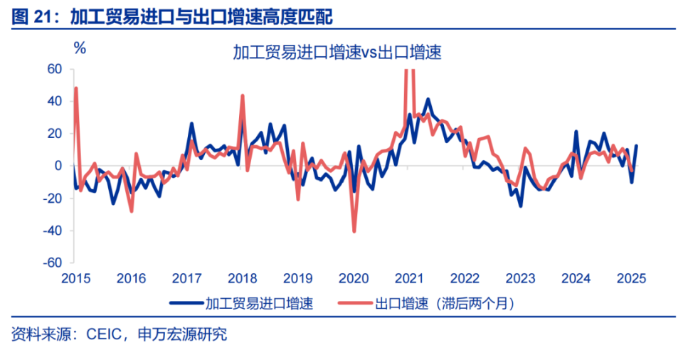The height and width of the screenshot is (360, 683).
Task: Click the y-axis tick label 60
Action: click(x=55, y=69)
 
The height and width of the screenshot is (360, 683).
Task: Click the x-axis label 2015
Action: click(x=75, y=278)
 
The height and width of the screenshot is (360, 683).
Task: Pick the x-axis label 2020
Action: click(x=354, y=278)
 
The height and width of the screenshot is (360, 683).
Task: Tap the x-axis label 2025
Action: click(x=632, y=278)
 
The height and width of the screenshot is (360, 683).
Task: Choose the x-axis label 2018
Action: click(x=243, y=278)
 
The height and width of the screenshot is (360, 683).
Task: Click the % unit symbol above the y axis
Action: click(x=80, y=48)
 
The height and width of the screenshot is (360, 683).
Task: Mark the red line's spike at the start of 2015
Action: click(x=75, y=88)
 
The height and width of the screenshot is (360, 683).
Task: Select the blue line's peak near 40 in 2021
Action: click(x=428, y=100)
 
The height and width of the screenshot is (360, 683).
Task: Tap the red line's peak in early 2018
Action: click(x=243, y=95)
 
